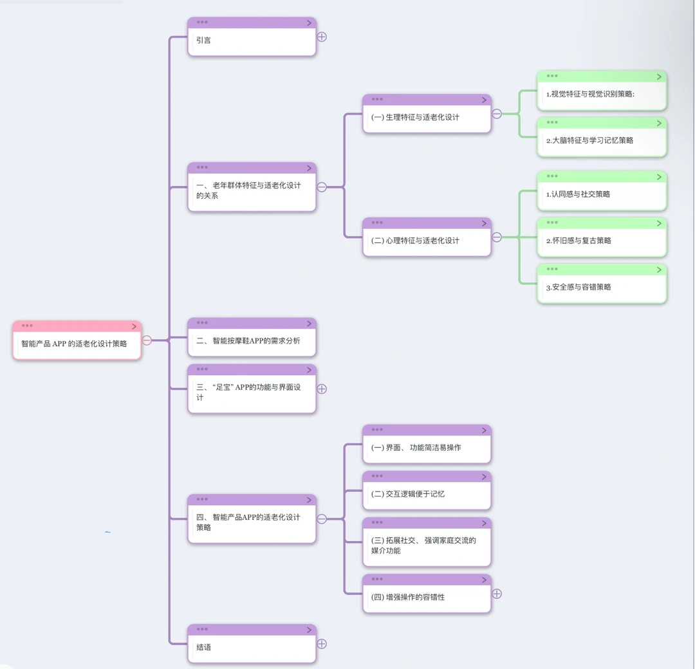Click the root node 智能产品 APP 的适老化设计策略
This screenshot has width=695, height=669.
[x=77, y=344]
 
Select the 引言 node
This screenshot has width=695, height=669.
[x=252, y=40]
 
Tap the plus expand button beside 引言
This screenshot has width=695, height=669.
[x=322, y=37]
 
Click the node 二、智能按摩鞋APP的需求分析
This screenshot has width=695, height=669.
[x=252, y=341]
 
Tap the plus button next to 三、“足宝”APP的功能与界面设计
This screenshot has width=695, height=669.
[x=322, y=389]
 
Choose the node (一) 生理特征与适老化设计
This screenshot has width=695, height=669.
[x=427, y=117]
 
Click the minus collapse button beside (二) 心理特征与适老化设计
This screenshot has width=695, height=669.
[x=497, y=237]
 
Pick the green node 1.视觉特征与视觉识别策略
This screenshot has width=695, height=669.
[x=602, y=94]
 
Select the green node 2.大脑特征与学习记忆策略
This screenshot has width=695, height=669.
[x=602, y=140]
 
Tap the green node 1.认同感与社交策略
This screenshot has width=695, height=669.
[x=602, y=194]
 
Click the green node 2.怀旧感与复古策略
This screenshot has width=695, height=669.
[x=602, y=241]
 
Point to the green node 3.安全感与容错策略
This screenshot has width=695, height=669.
[x=602, y=287]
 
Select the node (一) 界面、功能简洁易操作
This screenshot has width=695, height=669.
[x=427, y=448]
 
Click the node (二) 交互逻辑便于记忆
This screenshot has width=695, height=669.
[x=427, y=494]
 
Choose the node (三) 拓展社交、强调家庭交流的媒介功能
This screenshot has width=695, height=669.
[x=427, y=545]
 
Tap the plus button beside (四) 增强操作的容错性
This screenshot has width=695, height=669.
[x=497, y=594]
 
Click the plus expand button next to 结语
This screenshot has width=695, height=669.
[x=322, y=644]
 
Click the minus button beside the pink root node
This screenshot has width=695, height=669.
[x=147, y=340]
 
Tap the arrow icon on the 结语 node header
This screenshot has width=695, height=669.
[x=309, y=630]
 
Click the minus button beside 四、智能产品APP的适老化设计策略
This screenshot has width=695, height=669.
[x=322, y=519]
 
